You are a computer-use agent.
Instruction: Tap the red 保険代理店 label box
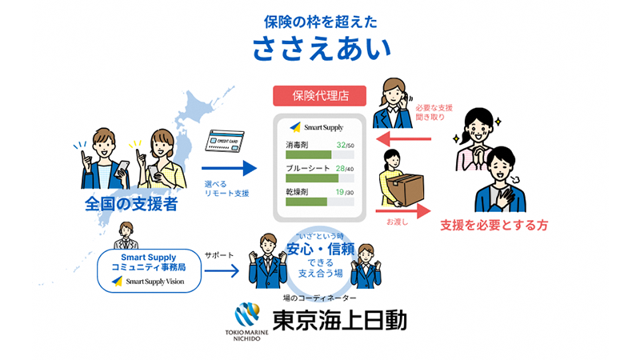(x=320, y=96)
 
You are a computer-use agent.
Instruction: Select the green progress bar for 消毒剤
(x=308, y=154)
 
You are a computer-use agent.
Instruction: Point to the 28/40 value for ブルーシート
(x=345, y=169)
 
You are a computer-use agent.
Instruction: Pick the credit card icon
(x=225, y=142)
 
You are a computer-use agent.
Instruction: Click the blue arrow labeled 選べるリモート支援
(x=228, y=168)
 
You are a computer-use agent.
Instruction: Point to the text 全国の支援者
(x=131, y=205)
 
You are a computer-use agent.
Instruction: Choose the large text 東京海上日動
(x=340, y=321)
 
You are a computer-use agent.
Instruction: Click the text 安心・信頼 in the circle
(x=320, y=249)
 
